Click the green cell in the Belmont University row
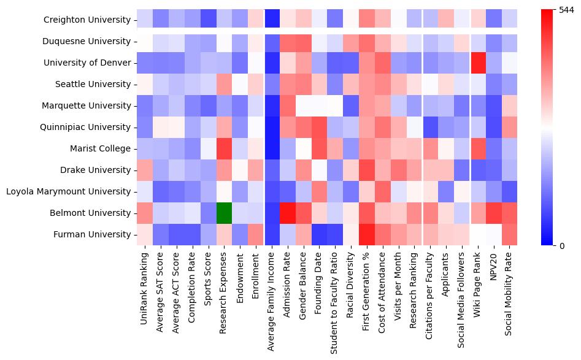click(224, 213)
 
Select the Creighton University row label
click(87, 20)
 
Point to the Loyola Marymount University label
click(68, 192)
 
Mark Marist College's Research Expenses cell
click(224, 148)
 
